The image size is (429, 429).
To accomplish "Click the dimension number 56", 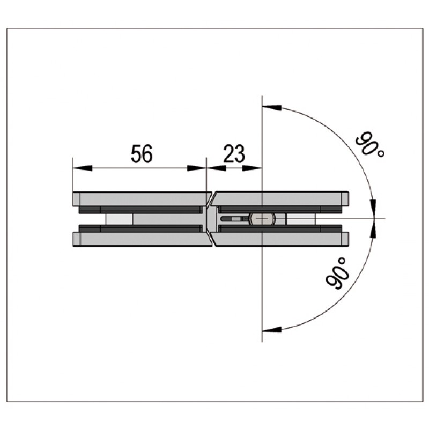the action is click(142, 153).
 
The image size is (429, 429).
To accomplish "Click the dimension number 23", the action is click(234, 153).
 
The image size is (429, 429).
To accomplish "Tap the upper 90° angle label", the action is click(370, 144).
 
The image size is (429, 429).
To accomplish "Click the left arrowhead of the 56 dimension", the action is click(83, 168).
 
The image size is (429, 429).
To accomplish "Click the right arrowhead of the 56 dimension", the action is click(196, 168).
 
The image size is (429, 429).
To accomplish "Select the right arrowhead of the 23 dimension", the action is click(252, 168).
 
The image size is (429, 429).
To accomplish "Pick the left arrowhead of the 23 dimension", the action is click(217, 168).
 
